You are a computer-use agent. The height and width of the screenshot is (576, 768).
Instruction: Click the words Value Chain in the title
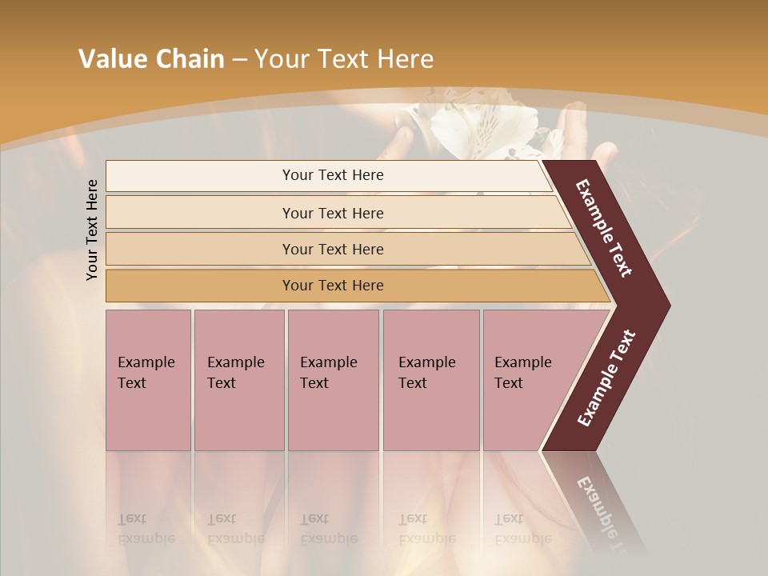pyautogui.click(x=151, y=59)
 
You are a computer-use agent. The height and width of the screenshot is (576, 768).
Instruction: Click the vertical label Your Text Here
pyautogui.click(x=92, y=230)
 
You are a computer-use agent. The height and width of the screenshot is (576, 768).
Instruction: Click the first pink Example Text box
pyautogui.click(x=148, y=380)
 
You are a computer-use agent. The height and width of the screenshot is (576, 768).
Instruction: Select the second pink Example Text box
pyautogui.click(x=238, y=380)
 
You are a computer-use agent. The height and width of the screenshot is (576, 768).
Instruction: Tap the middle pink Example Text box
pyautogui.click(x=333, y=380)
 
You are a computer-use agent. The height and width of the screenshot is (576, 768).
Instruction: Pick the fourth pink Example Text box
pyautogui.click(x=430, y=380)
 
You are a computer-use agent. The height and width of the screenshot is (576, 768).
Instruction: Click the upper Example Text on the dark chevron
pyautogui.click(x=604, y=228)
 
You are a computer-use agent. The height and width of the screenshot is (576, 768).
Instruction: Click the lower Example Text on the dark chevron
pyautogui.click(x=606, y=378)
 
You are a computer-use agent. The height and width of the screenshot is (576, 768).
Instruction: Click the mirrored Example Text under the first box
pyautogui.click(x=146, y=528)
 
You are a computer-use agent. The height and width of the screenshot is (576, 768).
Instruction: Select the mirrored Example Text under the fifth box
pyautogui.click(x=522, y=528)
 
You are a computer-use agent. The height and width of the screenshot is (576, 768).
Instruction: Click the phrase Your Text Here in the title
pyautogui.click(x=344, y=59)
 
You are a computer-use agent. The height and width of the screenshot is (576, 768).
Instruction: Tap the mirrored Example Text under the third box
pyautogui.click(x=328, y=528)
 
